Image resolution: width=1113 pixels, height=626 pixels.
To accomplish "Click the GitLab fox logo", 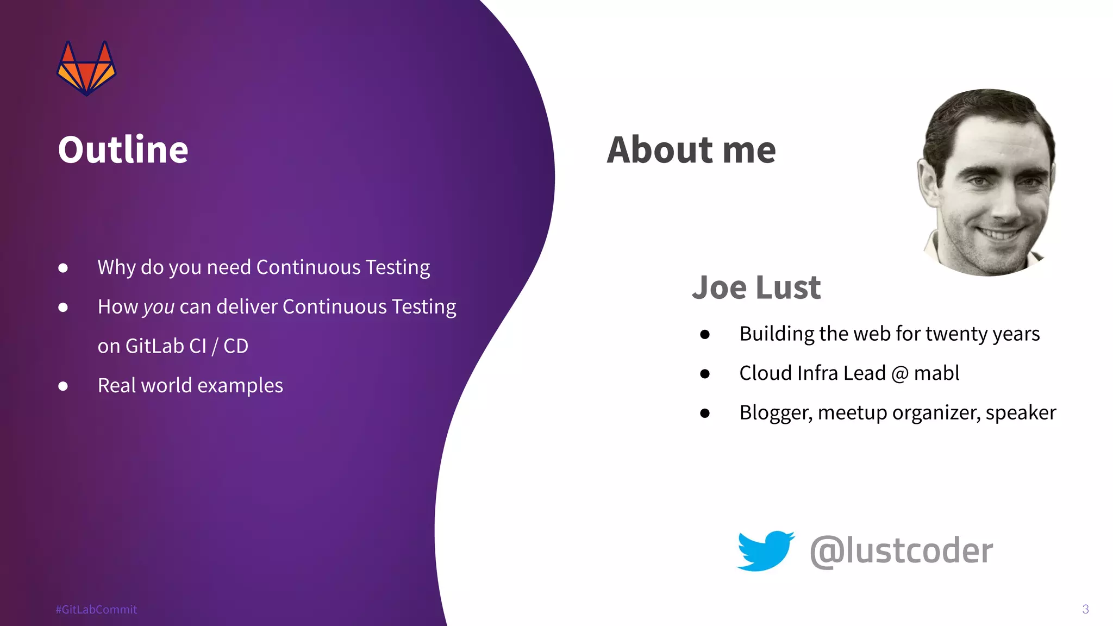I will [86, 68].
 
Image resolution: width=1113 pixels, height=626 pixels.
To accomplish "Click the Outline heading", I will [123, 149].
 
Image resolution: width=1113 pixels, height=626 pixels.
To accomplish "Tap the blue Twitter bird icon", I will [765, 550].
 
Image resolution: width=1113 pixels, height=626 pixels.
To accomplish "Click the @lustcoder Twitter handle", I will [901, 550].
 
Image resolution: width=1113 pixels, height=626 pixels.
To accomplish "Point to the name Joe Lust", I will [756, 287].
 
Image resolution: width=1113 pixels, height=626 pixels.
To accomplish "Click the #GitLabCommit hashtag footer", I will [96, 609].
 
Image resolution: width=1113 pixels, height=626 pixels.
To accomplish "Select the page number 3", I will [1085, 609].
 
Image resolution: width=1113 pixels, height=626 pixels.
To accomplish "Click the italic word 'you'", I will [159, 308].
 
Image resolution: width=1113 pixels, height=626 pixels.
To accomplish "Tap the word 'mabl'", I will [936, 373].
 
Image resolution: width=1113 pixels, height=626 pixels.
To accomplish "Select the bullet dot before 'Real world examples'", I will [63, 386].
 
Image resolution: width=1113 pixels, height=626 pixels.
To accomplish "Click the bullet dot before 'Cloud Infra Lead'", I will [705, 373].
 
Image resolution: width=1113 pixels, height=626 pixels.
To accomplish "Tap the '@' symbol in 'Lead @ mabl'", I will [900, 374].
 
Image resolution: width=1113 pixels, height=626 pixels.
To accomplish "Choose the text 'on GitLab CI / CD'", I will [173, 346].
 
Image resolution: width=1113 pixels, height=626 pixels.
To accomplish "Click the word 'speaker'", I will [1021, 413].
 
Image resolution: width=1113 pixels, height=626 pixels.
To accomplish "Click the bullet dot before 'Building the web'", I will [705, 334].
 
